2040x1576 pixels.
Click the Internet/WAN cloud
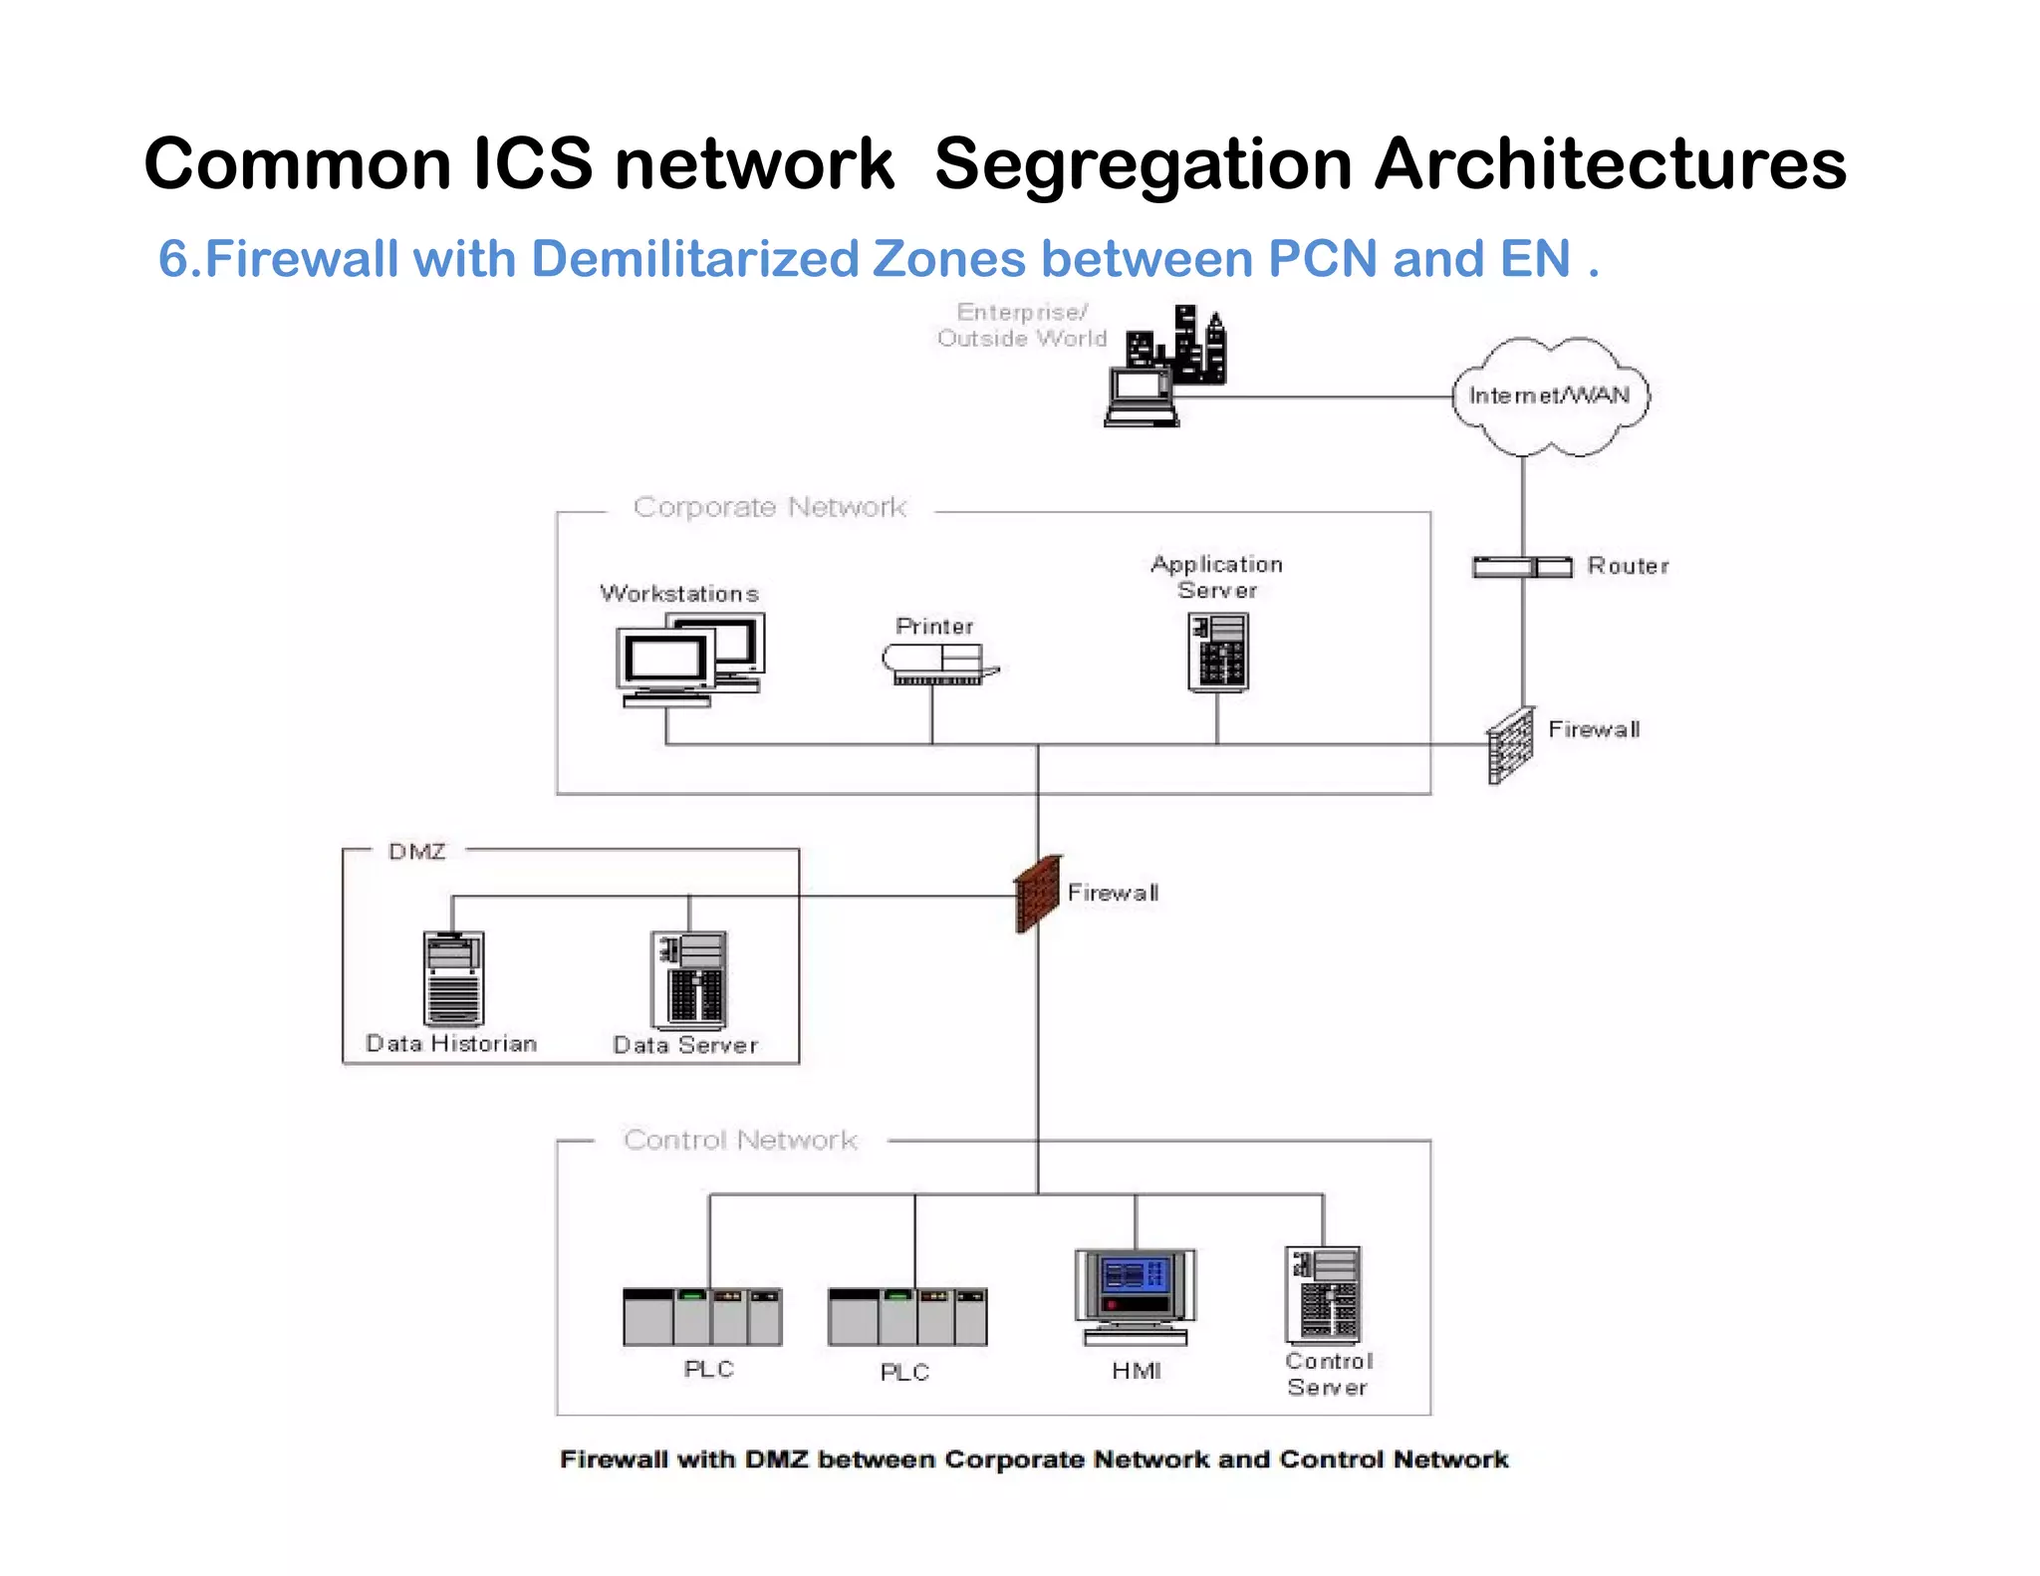(1549, 396)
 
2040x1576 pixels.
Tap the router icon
(1522, 567)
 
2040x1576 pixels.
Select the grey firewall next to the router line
(1510, 745)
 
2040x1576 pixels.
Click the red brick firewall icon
(1037, 894)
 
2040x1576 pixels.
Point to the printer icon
(937, 663)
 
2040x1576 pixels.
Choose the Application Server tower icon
(1217, 652)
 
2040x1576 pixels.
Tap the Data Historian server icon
(453, 978)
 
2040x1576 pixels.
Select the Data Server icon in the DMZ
(688, 980)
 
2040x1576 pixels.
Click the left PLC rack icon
(702, 1316)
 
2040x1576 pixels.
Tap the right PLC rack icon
(907, 1316)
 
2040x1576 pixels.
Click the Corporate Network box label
(770, 507)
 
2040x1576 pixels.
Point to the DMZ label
(416, 852)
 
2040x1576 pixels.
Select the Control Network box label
(740, 1140)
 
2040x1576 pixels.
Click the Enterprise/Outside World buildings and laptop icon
(1165, 367)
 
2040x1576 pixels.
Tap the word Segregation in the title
(1143, 164)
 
